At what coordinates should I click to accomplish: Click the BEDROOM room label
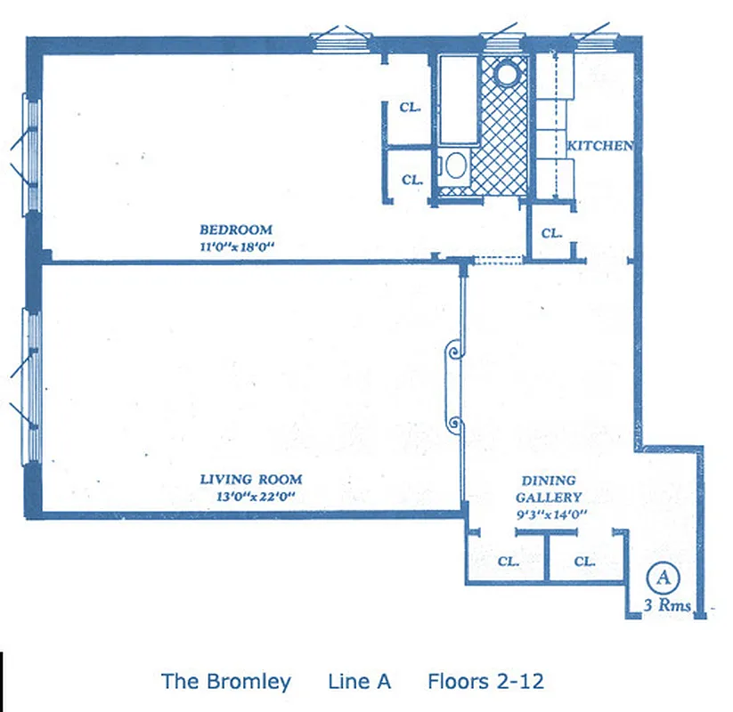pyautogui.click(x=235, y=229)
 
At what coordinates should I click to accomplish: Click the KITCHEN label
pyautogui.click(x=600, y=146)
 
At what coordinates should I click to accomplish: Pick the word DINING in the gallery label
pyautogui.click(x=549, y=481)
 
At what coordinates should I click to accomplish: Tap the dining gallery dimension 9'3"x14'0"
pyautogui.click(x=550, y=514)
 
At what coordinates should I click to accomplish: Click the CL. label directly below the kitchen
pyautogui.click(x=552, y=234)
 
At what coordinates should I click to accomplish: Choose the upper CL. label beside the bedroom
pyautogui.click(x=410, y=108)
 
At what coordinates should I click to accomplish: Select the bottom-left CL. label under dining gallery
pyautogui.click(x=508, y=562)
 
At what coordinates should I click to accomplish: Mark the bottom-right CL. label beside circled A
pyautogui.click(x=584, y=562)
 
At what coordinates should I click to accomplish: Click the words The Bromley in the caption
pyautogui.click(x=225, y=682)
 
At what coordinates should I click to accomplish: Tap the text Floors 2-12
pyautogui.click(x=485, y=682)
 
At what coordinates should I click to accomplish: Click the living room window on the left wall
pyautogui.click(x=33, y=385)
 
